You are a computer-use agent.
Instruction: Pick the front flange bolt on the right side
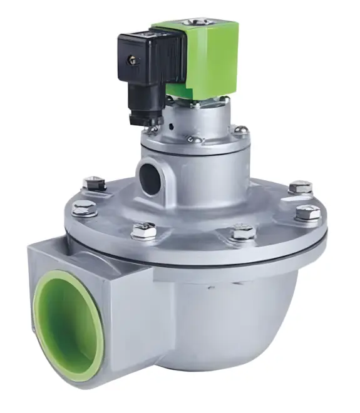(x=242, y=233)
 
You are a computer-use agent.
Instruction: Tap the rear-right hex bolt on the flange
(x=299, y=186)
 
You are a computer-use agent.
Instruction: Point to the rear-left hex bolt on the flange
(x=94, y=183)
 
